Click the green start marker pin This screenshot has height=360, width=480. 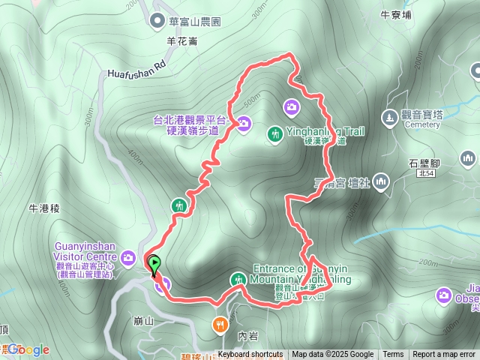point(154,265)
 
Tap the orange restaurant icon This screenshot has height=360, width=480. point(219,325)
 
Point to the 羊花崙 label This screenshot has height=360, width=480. point(182,41)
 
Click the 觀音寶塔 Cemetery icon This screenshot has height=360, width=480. point(388,117)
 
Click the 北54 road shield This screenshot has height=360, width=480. point(425,173)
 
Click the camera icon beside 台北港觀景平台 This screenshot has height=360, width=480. point(244,124)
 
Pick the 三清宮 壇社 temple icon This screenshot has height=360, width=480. point(381,181)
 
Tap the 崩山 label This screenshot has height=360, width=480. point(142,319)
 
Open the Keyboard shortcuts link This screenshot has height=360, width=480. point(250,355)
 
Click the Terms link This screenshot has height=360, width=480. point(393,355)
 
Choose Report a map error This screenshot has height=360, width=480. point(445,355)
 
